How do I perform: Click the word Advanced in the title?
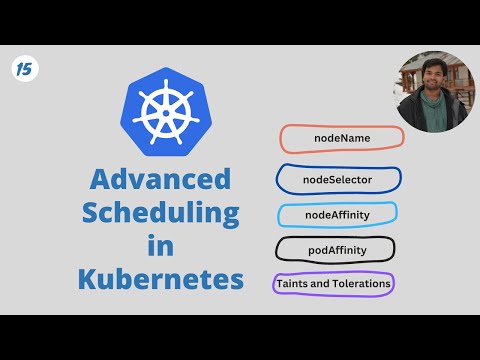(x=160, y=180)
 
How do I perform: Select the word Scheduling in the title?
(x=161, y=213)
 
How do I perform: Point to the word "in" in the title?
(x=160, y=245)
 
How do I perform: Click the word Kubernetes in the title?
(x=160, y=277)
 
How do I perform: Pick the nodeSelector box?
(x=338, y=180)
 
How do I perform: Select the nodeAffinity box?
(x=336, y=215)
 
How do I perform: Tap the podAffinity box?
(x=336, y=249)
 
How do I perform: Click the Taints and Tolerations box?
(x=334, y=284)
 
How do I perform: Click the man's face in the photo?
(x=431, y=79)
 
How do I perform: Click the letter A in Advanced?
(x=101, y=180)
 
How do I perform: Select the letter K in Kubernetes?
(x=88, y=277)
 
